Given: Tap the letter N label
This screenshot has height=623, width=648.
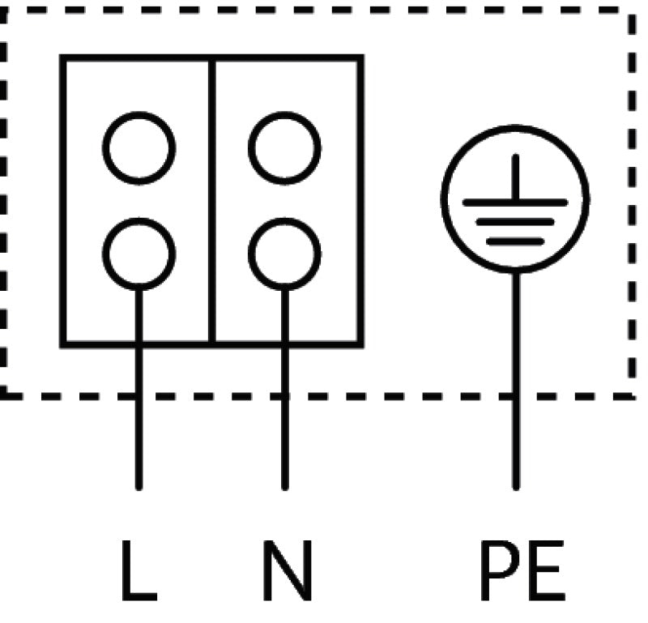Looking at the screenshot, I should click(287, 571).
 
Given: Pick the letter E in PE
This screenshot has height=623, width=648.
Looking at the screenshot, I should click(544, 571).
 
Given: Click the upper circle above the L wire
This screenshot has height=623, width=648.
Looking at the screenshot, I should click(139, 148).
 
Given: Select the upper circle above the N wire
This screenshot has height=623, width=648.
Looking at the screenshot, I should click(284, 148).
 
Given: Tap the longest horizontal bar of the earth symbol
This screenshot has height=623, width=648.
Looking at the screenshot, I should click(515, 202).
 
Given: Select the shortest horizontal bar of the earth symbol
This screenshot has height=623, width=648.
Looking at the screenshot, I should click(515, 241).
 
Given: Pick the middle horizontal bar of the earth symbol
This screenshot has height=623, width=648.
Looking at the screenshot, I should click(515, 221).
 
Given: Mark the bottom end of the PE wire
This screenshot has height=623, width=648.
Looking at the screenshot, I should click(515, 487).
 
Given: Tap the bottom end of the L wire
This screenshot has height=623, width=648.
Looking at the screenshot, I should click(139, 487).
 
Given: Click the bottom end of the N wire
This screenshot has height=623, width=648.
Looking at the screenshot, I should click(284, 487).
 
